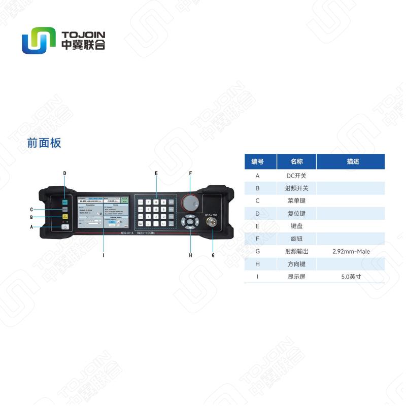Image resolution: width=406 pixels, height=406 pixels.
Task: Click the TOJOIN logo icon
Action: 38,41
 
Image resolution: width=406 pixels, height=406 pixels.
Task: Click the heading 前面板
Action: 44,143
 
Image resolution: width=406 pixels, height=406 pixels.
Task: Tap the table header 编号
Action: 257,162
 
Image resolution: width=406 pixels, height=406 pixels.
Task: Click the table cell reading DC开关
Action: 296,176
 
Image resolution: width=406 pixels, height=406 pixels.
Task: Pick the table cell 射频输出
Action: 296,251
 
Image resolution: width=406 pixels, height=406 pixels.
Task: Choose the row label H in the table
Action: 257,264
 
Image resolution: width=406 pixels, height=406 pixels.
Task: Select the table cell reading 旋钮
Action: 296,239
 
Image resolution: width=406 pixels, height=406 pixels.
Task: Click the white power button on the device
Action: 65,227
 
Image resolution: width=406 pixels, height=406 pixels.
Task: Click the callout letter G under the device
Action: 213,255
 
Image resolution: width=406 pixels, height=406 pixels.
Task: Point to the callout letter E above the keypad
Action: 156,174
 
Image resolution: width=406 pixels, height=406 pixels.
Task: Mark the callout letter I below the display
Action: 103,255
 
